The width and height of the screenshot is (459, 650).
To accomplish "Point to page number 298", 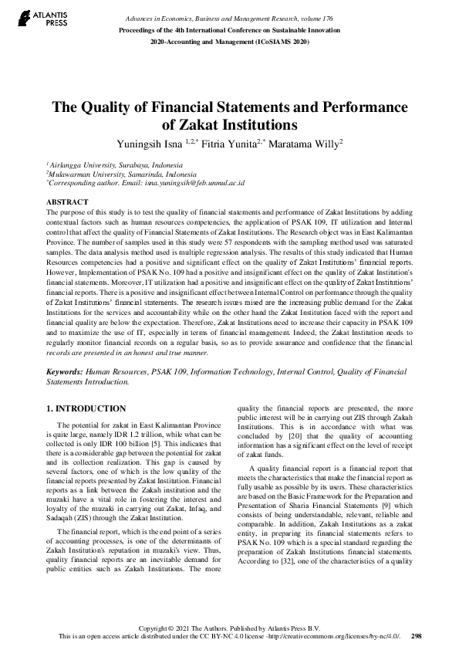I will tap(417, 636).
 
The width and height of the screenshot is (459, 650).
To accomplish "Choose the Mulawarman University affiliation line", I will tap(111, 174).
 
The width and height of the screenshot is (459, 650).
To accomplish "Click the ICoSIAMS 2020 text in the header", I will tap(282, 40).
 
